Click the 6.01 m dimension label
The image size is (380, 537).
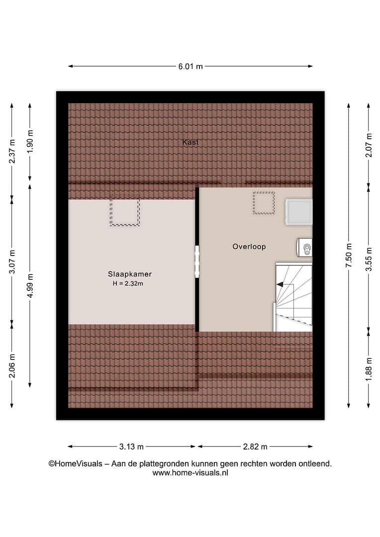pos(190,67)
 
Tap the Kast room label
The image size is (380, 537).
pos(190,142)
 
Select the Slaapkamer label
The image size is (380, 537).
pos(129,274)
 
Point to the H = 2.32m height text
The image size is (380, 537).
pos(128,283)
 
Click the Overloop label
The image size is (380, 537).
pos(249,247)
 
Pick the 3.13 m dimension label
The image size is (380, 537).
pos(131,447)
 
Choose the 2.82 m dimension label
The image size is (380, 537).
pos(255,447)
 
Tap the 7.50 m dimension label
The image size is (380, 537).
pos(349,256)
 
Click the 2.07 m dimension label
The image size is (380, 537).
pos(369,145)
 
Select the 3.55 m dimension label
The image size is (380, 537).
pos(369,259)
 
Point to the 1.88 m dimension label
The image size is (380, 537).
pos(369,369)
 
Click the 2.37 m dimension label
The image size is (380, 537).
pos(12,151)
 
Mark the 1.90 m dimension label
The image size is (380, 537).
pos(30,141)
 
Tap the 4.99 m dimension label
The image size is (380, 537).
pos(30,285)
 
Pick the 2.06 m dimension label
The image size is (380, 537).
pos(12,366)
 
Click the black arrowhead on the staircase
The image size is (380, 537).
pos(280,284)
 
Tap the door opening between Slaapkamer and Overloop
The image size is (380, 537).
pos(197,262)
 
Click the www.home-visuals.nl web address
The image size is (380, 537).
pos(190,473)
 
